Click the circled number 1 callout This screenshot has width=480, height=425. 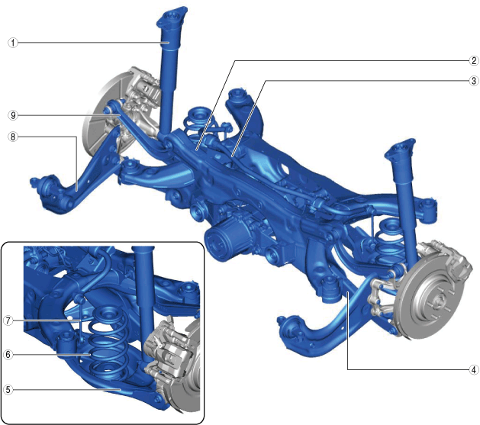(x=13, y=43)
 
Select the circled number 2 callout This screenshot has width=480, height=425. (x=474, y=60)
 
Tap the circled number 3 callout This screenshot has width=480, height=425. (x=474, y=81)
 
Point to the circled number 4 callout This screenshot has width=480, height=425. (x=474, y=369)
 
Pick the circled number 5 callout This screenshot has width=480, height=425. (x=8, y=390)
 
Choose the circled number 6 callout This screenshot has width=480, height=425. (x=8, y=355)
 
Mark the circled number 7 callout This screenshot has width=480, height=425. (x=8, y=320)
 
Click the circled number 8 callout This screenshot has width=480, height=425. (x=13, y=137)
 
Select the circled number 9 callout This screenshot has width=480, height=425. (x=13, y=115)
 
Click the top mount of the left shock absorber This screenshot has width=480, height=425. (x=171, y=19)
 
